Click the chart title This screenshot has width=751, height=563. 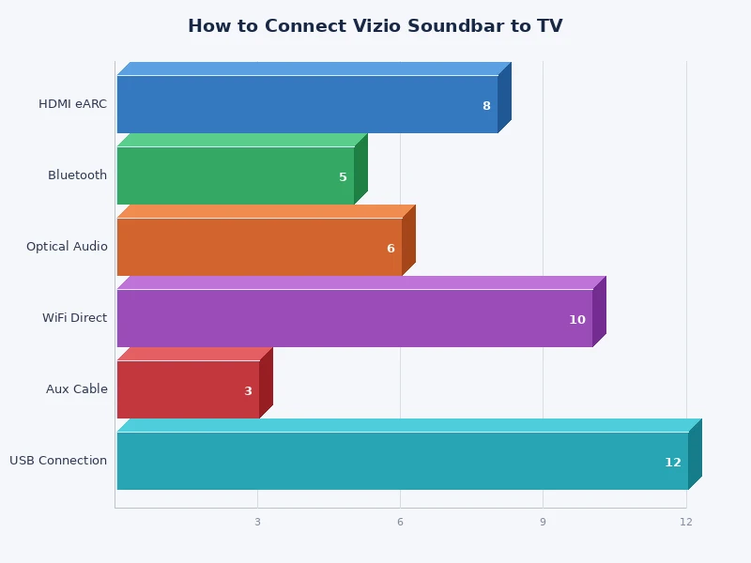click(x=375, y=26)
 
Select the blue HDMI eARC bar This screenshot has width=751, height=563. click(x=307, y=104)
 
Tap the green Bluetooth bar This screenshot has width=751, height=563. click(x=235, y=175)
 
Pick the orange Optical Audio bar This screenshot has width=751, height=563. click(x=259, y=247)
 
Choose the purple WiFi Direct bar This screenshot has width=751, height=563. click(x=354, y=318)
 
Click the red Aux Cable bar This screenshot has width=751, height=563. click(x=188, y=389)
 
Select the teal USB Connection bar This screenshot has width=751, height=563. click(x=402, y=461)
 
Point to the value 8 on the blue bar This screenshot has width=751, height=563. click(x=486, y=106)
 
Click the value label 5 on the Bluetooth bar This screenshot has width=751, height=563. click(x=343, y=177)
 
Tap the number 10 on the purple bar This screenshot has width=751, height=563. click(x=576, y=320)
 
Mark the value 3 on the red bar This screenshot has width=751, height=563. click(x=248, y=391)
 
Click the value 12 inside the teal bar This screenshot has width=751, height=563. click(x=672, y=463)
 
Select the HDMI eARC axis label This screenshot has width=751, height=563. click(x=72, y=104)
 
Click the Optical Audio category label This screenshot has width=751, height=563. click(x=67, y=247)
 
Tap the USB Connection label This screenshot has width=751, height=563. click(x=58, y=461)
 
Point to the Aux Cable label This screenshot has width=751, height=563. click(x=77, y=389)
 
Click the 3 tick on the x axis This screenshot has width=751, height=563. click(x=257, y=522)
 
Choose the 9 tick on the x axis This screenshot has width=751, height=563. click(x=543, y=522)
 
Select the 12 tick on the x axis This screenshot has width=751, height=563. click(x=686, y=522)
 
